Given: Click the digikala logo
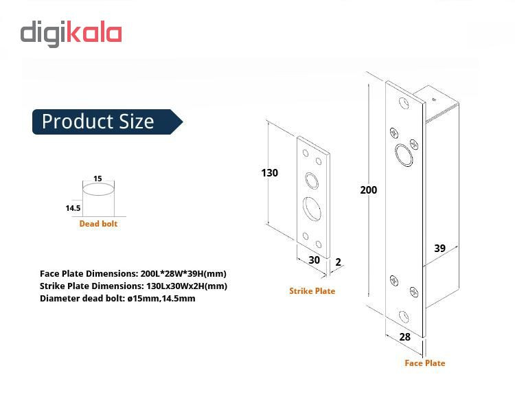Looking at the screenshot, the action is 71,33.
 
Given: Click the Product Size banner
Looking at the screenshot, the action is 107,122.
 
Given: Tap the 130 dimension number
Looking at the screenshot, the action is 270,173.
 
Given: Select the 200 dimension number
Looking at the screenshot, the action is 369,190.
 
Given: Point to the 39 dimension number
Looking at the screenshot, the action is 439,248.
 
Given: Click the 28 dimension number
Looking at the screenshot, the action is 405,336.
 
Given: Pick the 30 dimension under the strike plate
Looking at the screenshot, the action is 314,260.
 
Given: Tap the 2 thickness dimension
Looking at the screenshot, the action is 339,262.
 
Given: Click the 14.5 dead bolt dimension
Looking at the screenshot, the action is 73,208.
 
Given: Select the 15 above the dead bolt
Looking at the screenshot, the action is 98,179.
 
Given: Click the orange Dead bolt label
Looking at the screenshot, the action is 98,224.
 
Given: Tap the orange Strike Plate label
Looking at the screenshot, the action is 312,290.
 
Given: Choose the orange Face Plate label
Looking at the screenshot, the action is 424,363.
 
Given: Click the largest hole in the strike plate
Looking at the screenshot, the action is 312,209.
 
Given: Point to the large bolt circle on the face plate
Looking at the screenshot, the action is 404,155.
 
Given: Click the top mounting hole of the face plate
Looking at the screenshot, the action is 404,103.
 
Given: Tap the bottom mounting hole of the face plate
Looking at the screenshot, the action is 404,317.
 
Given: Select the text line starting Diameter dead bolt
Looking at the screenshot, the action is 117,298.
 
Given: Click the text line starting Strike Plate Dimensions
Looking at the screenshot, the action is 133,286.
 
